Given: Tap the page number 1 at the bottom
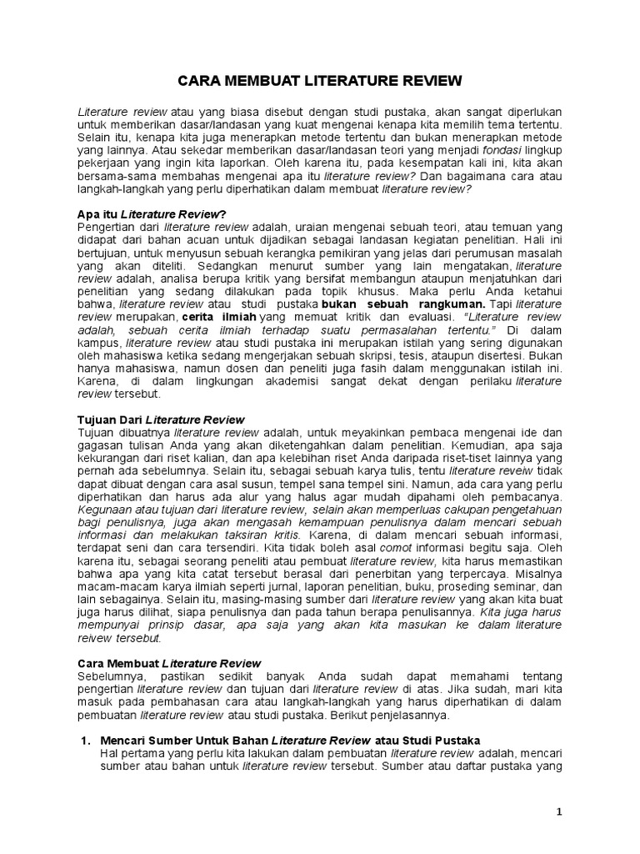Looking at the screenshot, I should tap(560, 811).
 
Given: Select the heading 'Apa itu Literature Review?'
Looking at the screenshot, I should tap(151, 214).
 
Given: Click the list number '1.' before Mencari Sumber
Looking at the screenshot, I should tap(83, 741).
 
